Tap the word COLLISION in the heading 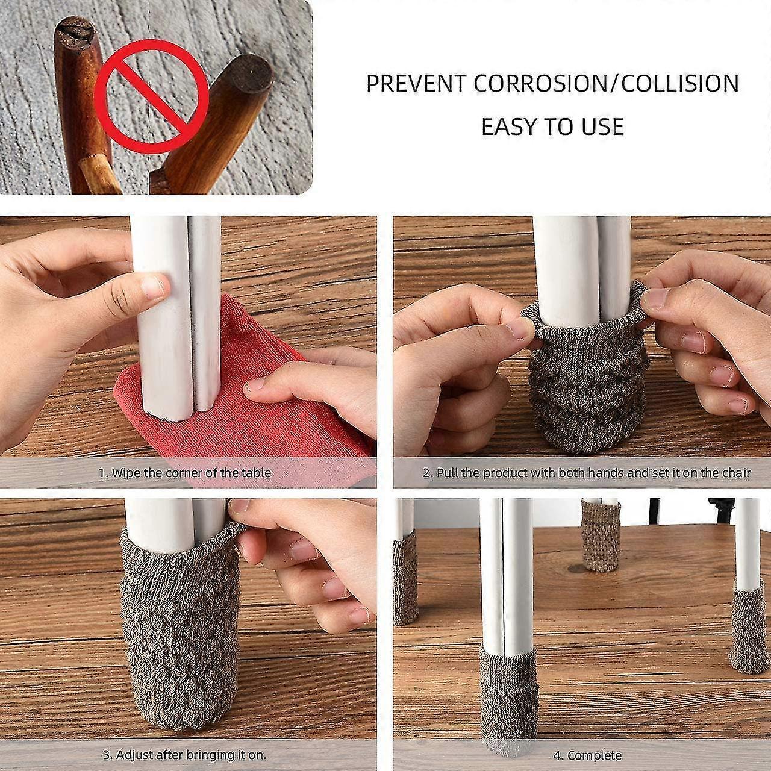tap(679, 83)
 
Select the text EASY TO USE tap(552, 126)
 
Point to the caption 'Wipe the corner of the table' tap(185, 473)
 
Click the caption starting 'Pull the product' tap(586, 473)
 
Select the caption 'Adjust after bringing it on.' tap(184, 754)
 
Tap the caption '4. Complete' tap(587, 755)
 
